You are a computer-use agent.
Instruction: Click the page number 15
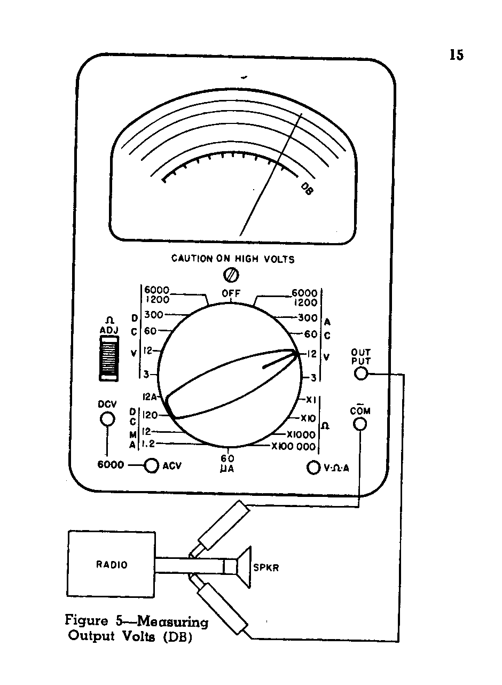[456, 55]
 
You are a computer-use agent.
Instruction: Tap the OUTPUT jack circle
[361, 373]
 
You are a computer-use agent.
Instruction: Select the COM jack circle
[360, 424]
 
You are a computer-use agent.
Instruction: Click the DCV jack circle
[108, 419]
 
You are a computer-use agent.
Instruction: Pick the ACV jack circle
[152, 466]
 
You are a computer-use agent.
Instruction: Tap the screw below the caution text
[232, 275]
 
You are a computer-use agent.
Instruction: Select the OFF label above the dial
[231, 293]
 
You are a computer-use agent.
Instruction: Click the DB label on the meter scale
[307, 189]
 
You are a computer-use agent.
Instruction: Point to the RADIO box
[111, 564]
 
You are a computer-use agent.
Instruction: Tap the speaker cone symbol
[243, 567]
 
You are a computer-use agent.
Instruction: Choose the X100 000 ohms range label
[293, 447]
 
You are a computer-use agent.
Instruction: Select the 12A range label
[149, 397]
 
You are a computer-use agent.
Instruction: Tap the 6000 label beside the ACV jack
[110, 465]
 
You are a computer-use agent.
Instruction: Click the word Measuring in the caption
[172, 622]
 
